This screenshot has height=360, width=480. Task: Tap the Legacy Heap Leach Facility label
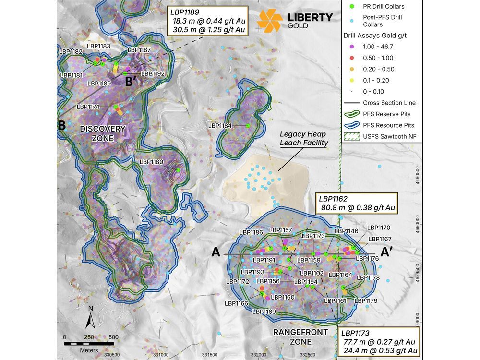coord(304,139)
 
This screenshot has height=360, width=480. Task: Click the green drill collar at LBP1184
coord(248,126)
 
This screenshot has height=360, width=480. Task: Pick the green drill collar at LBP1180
coord(178,170)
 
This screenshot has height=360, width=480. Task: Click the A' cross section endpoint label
coord(388,252)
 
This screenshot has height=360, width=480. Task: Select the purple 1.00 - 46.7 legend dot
coord(352,47)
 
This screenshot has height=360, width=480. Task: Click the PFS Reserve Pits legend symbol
coord(352,114)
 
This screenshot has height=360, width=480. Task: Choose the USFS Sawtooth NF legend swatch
coord(352,137)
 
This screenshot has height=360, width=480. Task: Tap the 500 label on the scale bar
coord(113,336)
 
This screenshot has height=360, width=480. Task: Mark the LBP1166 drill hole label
coord(236,303)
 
